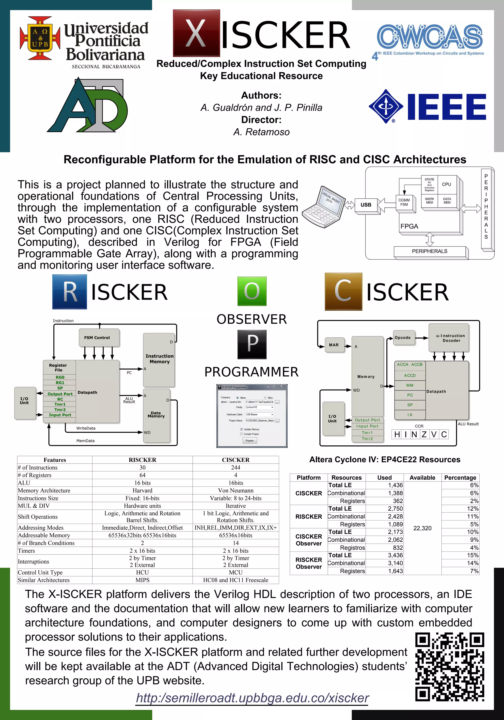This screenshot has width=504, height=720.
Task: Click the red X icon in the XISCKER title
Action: point(196,33)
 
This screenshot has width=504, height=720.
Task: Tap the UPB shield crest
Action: point(40,38)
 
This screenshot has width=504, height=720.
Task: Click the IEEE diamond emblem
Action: point(386,107)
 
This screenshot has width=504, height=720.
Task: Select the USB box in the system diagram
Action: point(366,205)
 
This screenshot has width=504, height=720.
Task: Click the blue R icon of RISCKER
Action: point(70,292)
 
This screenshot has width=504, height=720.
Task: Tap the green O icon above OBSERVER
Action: point(252,291)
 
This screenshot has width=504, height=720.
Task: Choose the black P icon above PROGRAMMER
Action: point(252,344)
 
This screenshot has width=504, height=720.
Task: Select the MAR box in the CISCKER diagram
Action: point(334,345)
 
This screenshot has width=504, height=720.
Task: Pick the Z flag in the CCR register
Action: point(424,434)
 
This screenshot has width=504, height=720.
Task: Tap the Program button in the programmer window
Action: point(250,441)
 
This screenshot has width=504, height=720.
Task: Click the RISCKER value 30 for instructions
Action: point(142,468)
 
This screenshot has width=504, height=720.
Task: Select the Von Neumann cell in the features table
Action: point(236,490)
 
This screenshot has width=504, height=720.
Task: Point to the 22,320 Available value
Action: point(422,528)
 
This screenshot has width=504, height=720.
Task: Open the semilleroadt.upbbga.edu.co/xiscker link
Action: point(252,698)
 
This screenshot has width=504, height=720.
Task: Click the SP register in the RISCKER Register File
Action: point(60,388)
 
